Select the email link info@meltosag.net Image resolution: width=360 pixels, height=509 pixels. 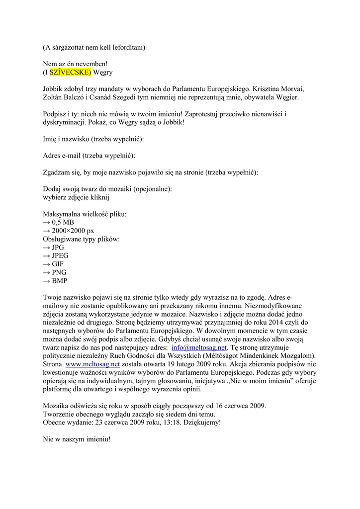tap(199, 347)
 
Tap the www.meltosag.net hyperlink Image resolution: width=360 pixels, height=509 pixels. tap(93, 364)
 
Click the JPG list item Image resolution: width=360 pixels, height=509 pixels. tap(58, 248)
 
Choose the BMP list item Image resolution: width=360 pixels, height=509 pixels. tap(59, 281)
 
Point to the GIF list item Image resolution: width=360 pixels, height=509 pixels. tap(58, 264)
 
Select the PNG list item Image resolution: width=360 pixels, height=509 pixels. tap(59, 273)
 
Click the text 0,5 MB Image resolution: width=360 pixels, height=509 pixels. tap(63, 222)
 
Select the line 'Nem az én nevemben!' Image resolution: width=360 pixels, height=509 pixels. tap(75, 64)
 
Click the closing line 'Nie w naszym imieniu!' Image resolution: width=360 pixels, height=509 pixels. tap(77, 440)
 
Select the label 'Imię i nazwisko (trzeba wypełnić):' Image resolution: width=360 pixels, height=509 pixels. tap(93, 139)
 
